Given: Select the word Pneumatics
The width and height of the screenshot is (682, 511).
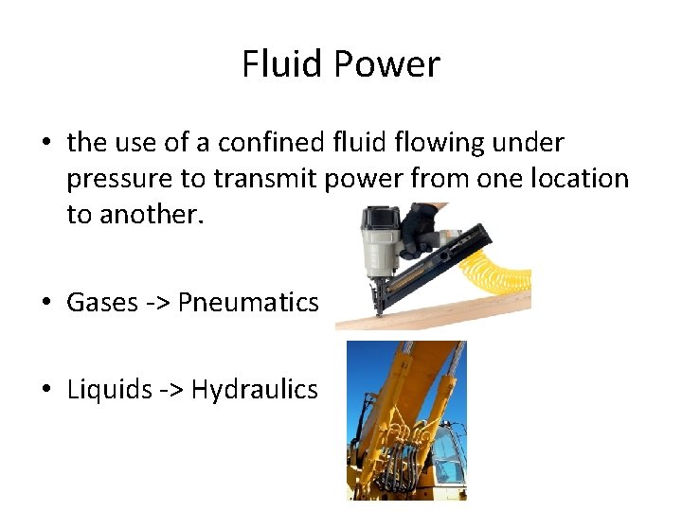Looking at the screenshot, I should click(248, 302).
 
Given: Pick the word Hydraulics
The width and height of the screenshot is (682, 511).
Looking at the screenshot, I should click(255, 389).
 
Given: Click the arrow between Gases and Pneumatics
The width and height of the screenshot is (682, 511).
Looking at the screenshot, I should click(158, 303).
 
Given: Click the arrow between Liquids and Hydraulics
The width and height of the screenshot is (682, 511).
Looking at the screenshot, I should click(171, 390).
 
